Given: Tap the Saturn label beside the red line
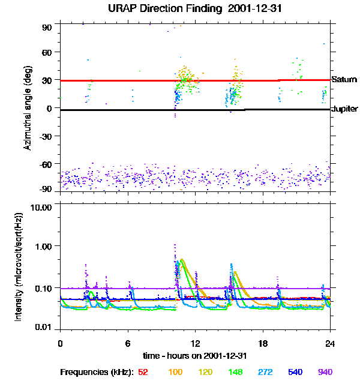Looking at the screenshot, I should pyautogui.click(x=344, y=79).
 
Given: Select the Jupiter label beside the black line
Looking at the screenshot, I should pyautogui.click(x=345, y=109).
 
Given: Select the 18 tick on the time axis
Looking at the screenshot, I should pyautogui.click(x=263, y=343).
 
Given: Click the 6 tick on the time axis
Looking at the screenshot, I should pyautogui.click(x=127, y=343).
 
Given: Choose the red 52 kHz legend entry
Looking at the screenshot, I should pyautogui.click(x=143, y=372).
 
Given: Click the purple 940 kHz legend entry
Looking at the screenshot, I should pyautogui.click(x=325, y=372).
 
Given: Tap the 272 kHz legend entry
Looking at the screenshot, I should pyautogui.click(x=265, y=372).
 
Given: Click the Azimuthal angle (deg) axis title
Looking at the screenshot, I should pyautogui.click(x=28, y=109).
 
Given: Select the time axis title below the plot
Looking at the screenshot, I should pyautogui.click(x=194, y=356).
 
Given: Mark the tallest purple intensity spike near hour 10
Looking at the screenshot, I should pyautogui.click(x=175, y=245).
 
